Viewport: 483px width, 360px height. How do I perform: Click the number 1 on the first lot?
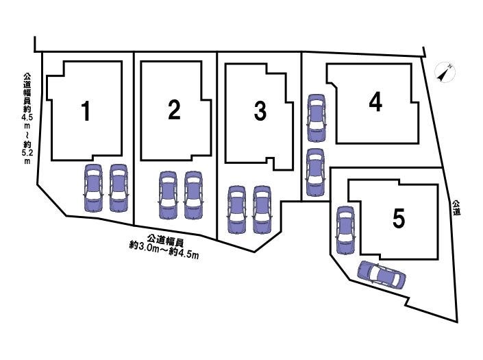pos(86,111)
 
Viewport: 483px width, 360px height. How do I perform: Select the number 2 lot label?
pos(174,110)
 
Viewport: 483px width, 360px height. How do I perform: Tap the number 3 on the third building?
pos(260,111)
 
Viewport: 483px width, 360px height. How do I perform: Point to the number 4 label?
pos(375,102)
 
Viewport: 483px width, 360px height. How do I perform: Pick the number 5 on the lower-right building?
pos(399,218)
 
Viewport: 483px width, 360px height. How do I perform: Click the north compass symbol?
pos(445,73)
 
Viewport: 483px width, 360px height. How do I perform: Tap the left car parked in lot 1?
pos(93,188)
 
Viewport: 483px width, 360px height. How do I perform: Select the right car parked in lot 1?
pos(119,188)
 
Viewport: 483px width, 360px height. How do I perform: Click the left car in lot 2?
pos(168,195)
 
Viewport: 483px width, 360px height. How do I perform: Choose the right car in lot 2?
pos(193,195)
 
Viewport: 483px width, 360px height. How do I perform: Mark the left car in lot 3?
pos(236,210)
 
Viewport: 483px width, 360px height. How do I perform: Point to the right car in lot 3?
pos(262,210)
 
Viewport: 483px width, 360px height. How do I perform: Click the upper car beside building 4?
pos(317,118)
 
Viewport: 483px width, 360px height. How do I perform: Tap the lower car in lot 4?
pos(315,172)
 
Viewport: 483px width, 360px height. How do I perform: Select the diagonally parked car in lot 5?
pos(382,274)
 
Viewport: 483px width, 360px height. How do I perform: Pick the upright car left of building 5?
pos(345,230)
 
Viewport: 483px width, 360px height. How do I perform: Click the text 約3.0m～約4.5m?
pos(164,246)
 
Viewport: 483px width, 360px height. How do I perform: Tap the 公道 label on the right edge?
pos(456,208)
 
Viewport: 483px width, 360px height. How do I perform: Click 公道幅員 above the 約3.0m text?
pos(165,239)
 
